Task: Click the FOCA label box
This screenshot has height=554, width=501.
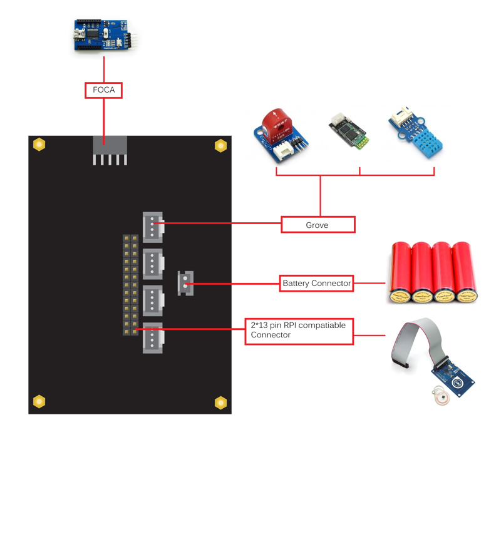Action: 104,90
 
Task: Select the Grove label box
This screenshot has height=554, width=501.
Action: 318,225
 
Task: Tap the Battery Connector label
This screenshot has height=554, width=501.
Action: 316,284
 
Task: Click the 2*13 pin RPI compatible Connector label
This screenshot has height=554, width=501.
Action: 299,331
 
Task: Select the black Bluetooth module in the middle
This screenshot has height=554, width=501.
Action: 349,134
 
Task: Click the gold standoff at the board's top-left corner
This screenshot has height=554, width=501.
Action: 39,145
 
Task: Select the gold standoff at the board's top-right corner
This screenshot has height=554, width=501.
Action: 220,145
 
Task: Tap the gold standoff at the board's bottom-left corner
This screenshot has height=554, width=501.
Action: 39,401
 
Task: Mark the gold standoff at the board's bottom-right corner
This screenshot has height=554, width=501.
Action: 220,403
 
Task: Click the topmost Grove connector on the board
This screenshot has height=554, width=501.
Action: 152,227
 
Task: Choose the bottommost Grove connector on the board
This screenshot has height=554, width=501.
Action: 152,338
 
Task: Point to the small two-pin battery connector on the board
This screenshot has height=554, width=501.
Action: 185,283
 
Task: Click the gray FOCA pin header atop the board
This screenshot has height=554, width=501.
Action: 110,150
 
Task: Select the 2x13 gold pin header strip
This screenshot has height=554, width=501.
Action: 130,285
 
